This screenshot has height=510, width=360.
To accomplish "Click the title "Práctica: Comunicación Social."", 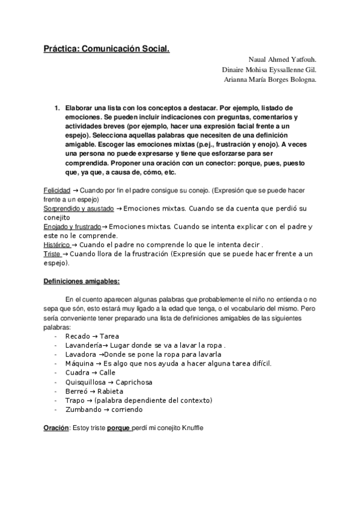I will coord(106,49).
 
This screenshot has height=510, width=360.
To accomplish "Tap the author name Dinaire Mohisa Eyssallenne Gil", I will coord(269,70).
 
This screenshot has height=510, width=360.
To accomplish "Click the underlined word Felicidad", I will coord(57,191).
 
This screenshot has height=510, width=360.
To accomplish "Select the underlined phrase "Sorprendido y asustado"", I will coord(77,209).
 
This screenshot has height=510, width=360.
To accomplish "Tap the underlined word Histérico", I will coord(59,245).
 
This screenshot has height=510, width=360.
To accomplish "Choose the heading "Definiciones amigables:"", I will coord(81,281).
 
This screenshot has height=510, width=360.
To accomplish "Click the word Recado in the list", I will coord(77,336).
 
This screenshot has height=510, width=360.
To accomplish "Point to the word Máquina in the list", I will coord(79,364).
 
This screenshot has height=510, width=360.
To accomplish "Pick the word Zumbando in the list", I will coord(82,410).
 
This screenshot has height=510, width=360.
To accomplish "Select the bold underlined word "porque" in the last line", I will coord(120,428).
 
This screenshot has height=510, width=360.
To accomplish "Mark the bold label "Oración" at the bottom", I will coord(56,428).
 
